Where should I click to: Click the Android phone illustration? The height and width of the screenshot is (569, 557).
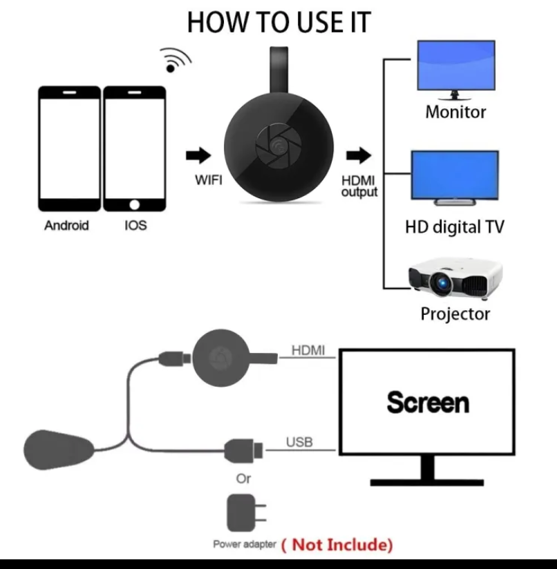[x=70, y=148]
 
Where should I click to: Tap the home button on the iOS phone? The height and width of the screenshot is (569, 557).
[x=135, y=204]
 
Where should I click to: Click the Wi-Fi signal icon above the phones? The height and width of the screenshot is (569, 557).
[x=174, y=61]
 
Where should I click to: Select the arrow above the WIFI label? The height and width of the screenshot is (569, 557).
[x=200, y=155]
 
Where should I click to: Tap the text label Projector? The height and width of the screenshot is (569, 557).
[x=455, y=314]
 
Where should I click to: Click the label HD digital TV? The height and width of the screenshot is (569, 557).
[x=454, y=226]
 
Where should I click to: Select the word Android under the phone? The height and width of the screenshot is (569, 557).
[x=67, y=225]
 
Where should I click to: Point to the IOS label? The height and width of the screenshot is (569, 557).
[x=135, y=225]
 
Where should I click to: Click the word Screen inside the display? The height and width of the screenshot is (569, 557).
[x=428, y=402]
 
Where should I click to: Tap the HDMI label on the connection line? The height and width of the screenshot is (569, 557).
[x=308, y=351]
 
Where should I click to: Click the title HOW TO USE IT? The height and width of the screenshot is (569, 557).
[x=278, y=22]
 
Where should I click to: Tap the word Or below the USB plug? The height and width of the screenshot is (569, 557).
[x=243, y=478]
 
